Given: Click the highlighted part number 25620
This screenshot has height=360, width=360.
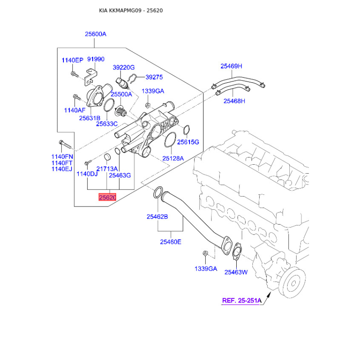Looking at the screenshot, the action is (x=108, y=197).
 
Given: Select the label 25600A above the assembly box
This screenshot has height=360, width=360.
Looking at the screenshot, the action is (x=95, y=34).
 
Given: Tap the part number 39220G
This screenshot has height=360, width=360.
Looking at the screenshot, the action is (x=123, y=67).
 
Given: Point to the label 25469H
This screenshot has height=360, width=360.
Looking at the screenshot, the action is (x=231, y=66).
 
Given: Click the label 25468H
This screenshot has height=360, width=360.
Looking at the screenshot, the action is (x=234, y=101).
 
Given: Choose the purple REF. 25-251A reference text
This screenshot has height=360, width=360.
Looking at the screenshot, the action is (x=242, y=301).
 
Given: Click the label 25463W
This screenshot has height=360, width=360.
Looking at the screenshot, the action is (x=236, y=272).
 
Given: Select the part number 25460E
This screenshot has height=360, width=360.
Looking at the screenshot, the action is (x=171, y=242).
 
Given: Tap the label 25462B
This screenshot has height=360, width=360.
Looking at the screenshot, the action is (x=157, y=217).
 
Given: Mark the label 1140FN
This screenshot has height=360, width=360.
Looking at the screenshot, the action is (x=62, y=157).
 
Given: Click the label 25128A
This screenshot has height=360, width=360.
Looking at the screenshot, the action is (x=173, y=158).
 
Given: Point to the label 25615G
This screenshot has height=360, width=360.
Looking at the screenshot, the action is (x=188, y=142).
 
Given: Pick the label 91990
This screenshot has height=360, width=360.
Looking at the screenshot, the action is (x=96, y=59).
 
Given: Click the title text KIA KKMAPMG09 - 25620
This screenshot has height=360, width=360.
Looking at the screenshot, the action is (x=131, y=10).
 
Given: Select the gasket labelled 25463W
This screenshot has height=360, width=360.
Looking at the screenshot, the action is (x=237, y=252).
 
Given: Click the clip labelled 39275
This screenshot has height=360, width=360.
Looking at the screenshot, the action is (x=132, y=79).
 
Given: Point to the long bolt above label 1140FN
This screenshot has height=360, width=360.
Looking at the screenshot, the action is (x=65, y=144).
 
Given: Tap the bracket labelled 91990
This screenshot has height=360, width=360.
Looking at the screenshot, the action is (x=91, y=77).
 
